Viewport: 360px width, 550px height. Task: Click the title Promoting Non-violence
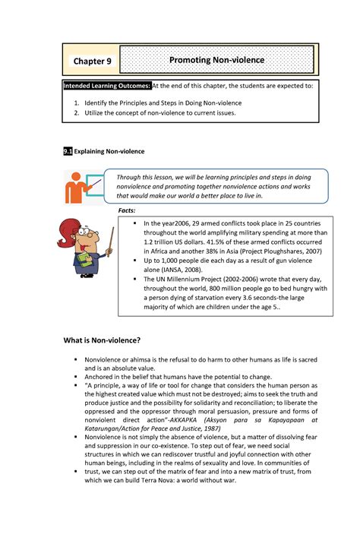216,60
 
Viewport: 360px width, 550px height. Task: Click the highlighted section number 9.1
68,151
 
